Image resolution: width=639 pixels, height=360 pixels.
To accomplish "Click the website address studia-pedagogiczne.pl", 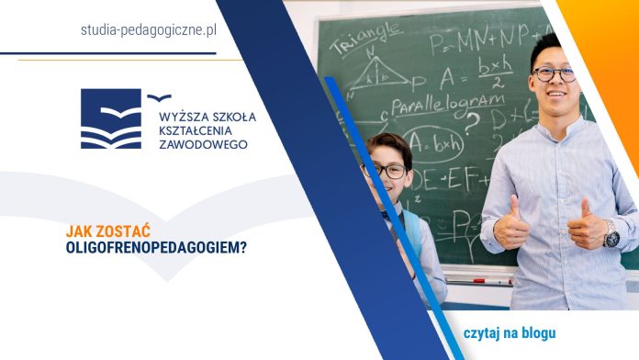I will coord(148,29).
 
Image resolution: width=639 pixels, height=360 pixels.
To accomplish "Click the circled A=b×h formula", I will coord(432,144).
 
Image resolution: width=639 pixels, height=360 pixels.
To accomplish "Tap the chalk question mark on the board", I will coord(472,119).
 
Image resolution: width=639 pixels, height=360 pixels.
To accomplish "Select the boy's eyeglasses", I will coord(385,171).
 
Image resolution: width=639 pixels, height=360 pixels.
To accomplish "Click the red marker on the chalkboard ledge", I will coord(477,280).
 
